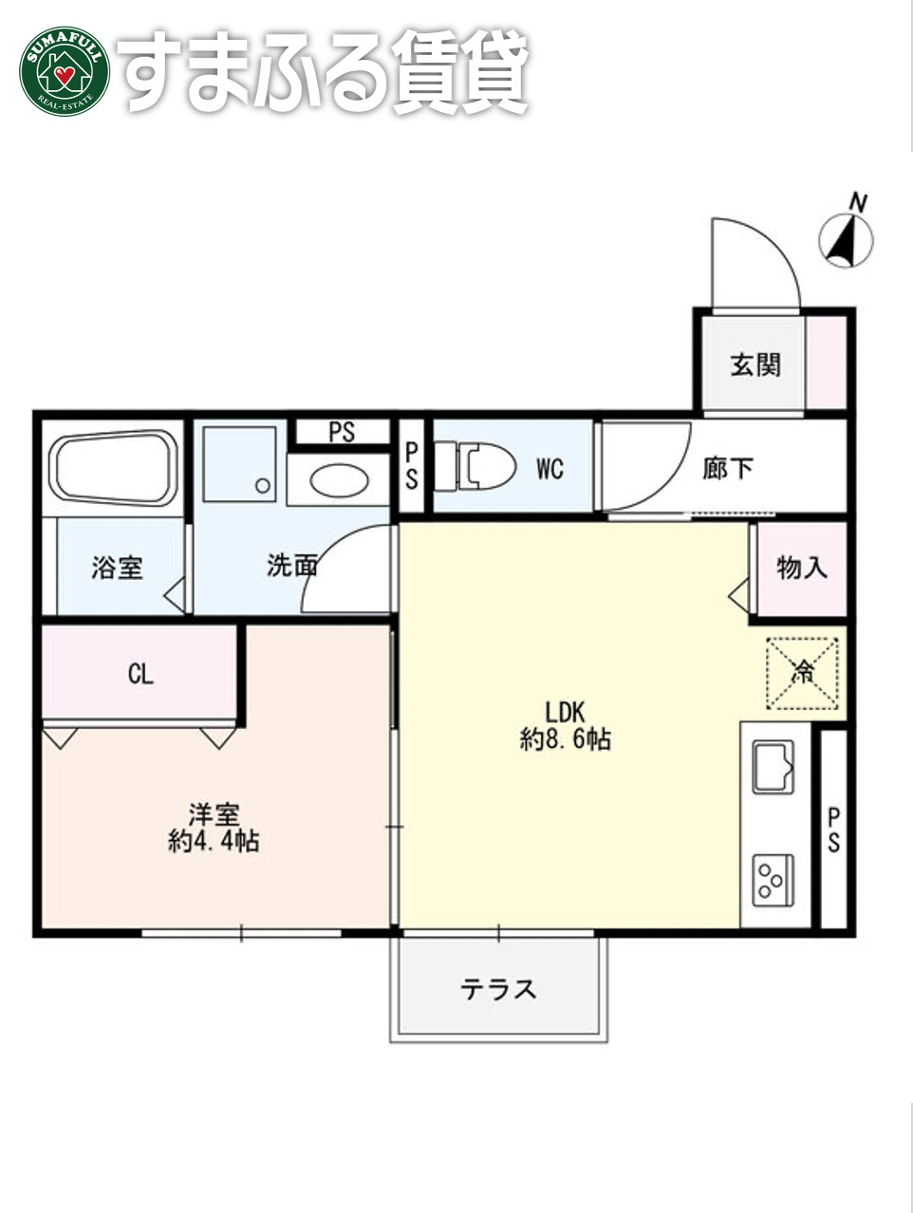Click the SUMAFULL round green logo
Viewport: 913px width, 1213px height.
point(64,71)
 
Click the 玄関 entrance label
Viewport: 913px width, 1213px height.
point(755,364)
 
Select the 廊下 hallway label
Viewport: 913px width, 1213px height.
point(729,468)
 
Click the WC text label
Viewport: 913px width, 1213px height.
point(550,468)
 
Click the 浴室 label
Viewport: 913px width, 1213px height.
point(117,568)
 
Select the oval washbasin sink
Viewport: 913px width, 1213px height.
point(339,481)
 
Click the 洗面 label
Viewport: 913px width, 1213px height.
point(291,566)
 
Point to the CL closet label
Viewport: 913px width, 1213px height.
point(140,674)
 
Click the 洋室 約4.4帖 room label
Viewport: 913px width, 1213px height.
point(214,828)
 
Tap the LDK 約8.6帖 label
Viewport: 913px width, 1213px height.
point(566,725)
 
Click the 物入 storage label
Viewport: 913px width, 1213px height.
point(802,568)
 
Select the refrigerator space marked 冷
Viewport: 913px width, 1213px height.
point(803,673)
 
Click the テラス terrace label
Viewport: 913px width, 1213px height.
point(499,989)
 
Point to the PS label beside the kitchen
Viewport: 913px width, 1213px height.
point(833,830)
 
